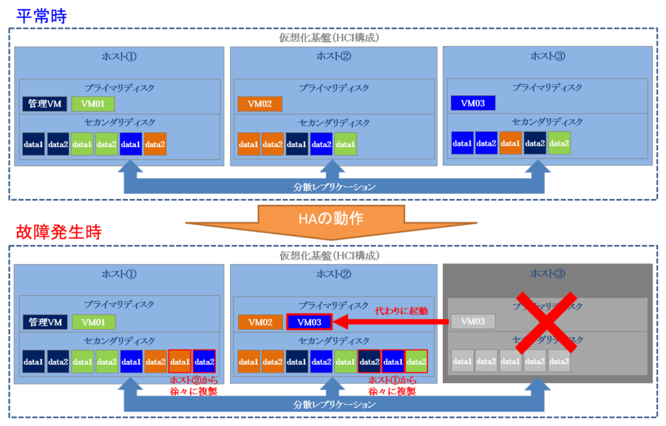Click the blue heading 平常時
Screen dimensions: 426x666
coord(40,15)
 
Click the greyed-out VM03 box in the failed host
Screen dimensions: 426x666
coord(473,321)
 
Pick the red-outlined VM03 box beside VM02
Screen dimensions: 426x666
coord(309,321)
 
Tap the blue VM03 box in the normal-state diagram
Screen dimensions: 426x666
coord(473,103)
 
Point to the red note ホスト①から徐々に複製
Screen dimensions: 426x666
coord(392,386)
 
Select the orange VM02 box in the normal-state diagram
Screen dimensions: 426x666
coord(260,103)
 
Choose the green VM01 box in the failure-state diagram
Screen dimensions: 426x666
coord(94,321)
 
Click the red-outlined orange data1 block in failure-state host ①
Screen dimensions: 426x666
coord(180,361)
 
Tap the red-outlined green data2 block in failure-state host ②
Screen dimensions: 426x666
coord(416,361)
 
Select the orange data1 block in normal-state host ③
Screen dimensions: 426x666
coord(511,143)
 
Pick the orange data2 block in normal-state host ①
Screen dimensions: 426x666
coord(155,143)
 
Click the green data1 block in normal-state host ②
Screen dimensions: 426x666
coord(345,144)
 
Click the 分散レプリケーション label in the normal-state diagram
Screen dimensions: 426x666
coord(334,187)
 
